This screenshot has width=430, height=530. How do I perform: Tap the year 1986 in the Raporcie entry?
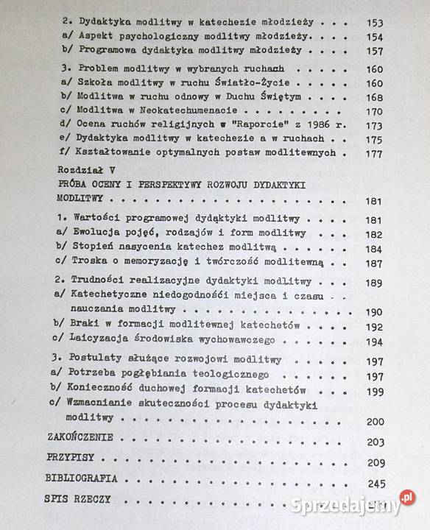[299, 126]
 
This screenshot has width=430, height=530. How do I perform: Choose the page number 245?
[376, 484]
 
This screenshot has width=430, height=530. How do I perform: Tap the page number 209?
[376, 462]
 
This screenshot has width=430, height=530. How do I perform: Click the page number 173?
[376, 127]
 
